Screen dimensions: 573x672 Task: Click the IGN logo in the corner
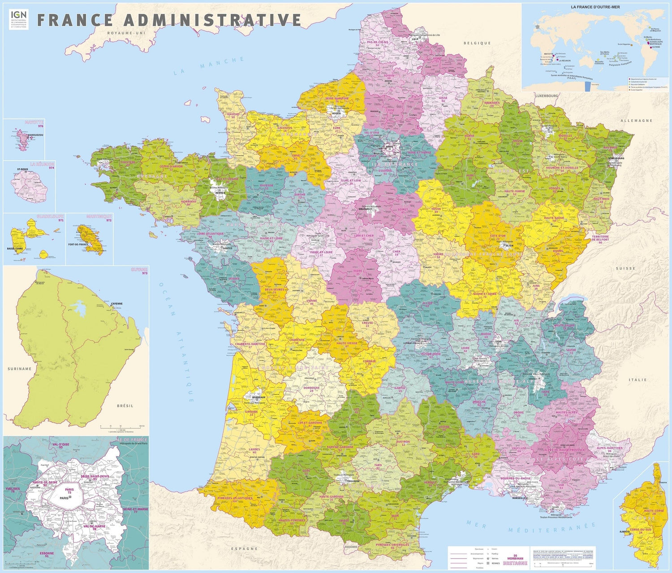point(18,19)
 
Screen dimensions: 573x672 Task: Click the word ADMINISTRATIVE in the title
point(212,20)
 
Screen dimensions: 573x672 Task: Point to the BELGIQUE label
point(477,43)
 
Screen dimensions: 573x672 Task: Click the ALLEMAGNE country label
point(636,121)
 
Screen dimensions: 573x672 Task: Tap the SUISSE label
point(625,268)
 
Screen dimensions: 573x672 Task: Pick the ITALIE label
point(638,379)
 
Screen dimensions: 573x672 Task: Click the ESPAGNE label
point(244,548)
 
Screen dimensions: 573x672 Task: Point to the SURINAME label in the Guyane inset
point(20,369)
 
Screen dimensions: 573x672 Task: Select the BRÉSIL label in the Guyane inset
point(125,405)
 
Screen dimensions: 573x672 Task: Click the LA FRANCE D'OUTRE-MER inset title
point(595,7)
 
